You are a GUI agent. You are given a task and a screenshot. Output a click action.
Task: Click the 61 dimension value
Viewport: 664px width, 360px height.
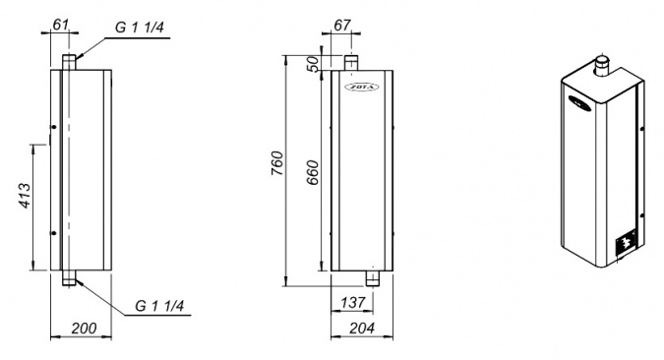[60, 25]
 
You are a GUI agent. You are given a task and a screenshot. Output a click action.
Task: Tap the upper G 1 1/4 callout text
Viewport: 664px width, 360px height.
[140, 28]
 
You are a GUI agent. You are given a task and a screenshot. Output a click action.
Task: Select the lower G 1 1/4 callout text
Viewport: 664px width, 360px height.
[159, 305]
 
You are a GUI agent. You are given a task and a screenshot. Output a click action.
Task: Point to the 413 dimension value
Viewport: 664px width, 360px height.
[26, 196]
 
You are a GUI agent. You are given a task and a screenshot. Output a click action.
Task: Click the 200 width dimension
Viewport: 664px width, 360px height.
[84, 329]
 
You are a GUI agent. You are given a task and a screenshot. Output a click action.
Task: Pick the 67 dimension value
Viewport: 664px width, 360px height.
[342, 25]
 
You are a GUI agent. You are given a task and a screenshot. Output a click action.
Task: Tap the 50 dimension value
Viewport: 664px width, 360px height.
[313, 64]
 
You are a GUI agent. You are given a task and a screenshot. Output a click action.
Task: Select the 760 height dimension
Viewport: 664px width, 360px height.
[275, 163]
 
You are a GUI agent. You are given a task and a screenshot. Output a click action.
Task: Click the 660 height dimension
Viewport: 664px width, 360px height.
[313, 173]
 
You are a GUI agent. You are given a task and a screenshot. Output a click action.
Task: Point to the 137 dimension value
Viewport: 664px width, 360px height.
[353, 302]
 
